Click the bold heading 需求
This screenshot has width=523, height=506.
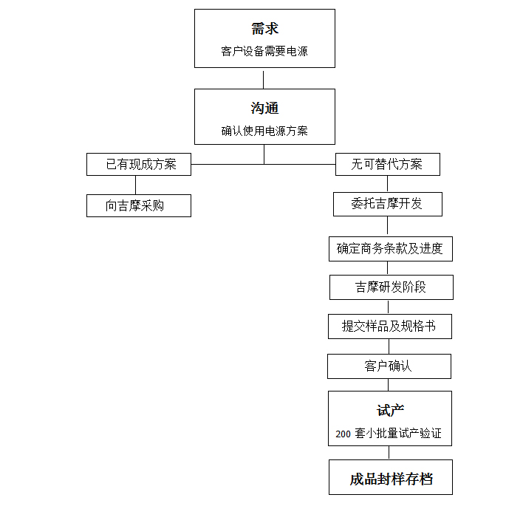265,29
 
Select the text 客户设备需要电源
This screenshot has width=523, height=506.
264,52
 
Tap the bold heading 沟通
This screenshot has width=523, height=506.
264,108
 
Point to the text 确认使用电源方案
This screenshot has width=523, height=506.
264,131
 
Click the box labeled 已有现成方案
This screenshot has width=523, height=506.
139,165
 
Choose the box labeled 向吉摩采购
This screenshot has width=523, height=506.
139,206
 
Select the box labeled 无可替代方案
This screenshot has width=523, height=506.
388,165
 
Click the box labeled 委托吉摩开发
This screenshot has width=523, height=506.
388,204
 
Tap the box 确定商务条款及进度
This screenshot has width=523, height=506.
391,249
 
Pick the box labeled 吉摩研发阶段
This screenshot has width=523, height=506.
392,287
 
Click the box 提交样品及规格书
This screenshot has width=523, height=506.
390,326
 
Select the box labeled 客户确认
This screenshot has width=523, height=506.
389,366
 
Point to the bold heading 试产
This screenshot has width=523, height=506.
390,410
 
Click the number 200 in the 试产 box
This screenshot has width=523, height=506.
343,434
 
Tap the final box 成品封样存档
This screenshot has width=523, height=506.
391,477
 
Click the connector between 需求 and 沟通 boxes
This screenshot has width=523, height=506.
264,80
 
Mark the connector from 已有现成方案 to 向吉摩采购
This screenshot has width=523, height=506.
135,185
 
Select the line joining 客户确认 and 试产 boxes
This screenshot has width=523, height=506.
389,385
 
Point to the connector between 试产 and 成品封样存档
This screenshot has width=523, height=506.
389,453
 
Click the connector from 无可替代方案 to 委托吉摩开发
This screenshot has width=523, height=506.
387,184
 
